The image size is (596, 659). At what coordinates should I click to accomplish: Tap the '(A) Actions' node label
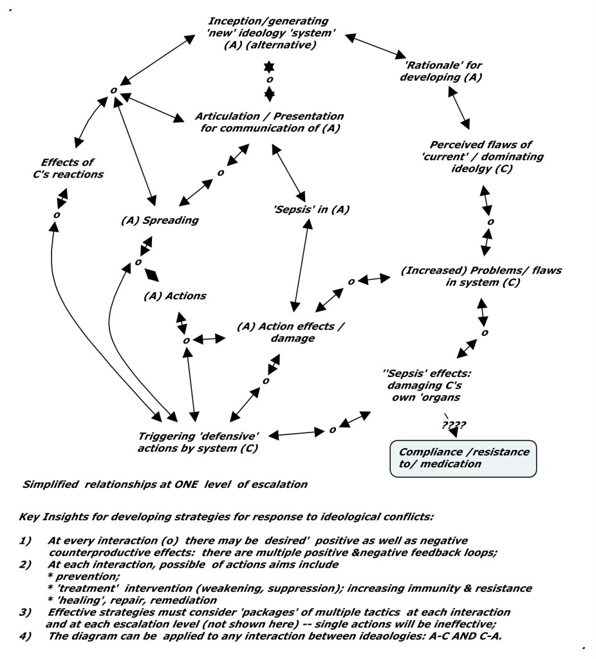click(x=174, y=296)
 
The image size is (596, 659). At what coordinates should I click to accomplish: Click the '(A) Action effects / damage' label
click(x=290, y=332)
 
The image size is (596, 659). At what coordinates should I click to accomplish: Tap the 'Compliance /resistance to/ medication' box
click(x=464, y=458)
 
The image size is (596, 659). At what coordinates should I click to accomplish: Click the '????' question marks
click(x=454, y=425)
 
